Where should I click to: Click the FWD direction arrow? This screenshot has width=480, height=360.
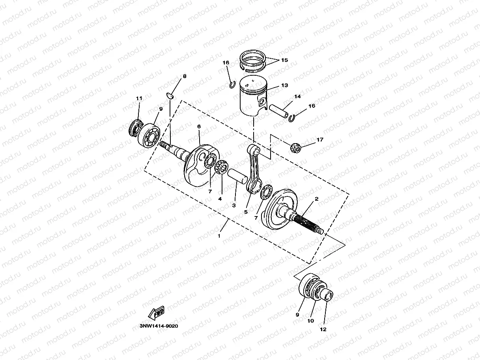pyautogui.click(x=156, y=312)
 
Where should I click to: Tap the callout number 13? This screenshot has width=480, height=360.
pyautogui.click(x=284, y=85)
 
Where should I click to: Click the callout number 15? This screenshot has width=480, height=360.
pyautogui.click(x=284, y=60)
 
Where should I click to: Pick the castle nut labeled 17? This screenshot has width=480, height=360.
pyautogui.click(x=295, y=148)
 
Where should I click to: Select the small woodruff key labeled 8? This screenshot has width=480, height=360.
pyautogui.click(x=170, y=95)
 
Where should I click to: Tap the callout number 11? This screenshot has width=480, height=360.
pyautogui.click(x=138, y=98)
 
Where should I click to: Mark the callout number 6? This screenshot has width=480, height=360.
pyautogui.click(x=199, y=126)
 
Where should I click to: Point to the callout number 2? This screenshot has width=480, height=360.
pyautogui.click(x=316, y=200)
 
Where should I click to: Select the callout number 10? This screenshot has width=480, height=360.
pyautogui.click(x=310, y=321)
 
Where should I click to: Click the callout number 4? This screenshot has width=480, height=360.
pyautogui.click(x=220, y=199)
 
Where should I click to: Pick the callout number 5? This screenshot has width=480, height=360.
pyautogui.click(x=246, y=212)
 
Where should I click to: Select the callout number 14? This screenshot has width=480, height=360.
pyautogui.click(x=297, y=97)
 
